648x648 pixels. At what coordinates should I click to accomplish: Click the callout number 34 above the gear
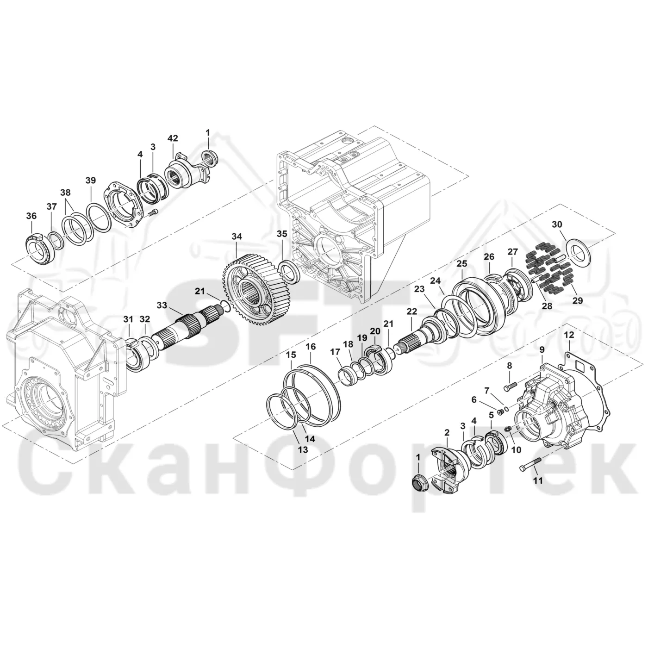[x=237, y=237]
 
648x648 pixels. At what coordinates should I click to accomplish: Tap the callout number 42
[x=173, y=138]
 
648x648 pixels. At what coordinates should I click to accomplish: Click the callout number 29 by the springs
[x=578, y=301]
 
